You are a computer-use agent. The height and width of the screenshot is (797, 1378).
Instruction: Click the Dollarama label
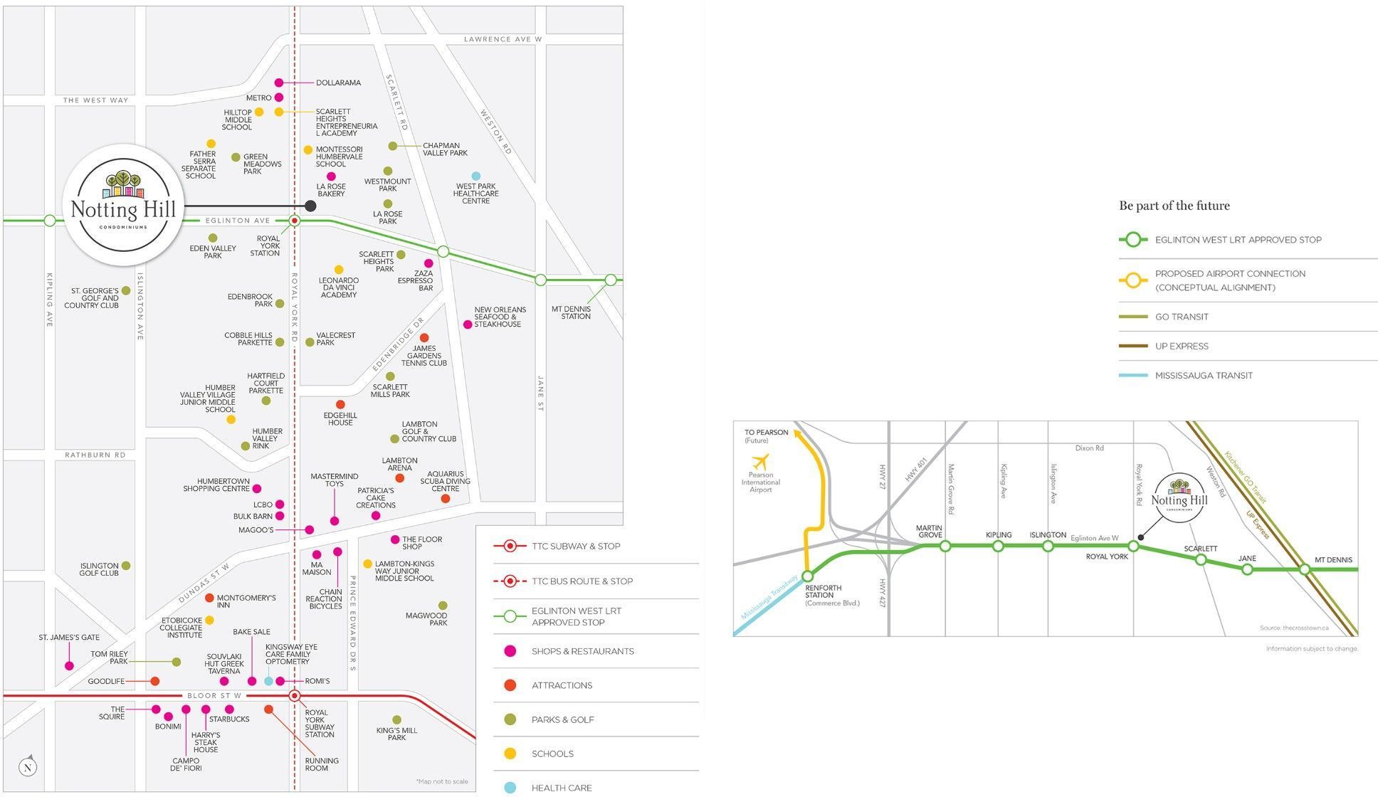coord(338,83)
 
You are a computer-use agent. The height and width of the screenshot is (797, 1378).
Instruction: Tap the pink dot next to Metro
coord(279,97)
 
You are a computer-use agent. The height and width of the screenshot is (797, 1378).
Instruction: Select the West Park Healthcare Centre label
coord(476,194)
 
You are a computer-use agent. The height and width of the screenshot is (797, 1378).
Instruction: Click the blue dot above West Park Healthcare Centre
coord(476,176)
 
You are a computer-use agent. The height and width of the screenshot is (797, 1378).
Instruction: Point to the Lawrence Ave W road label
coord(503,39)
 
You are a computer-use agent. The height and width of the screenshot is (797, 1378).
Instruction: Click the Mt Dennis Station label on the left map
coord(572,312)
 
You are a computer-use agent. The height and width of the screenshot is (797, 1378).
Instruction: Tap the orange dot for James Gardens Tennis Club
coord(424,337)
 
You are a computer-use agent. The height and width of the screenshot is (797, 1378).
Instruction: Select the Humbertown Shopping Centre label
coord(216,485)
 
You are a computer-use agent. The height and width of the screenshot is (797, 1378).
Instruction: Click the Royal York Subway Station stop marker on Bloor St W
coord(295,695)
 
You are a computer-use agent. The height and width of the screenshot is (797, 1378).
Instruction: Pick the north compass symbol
coord(28,766)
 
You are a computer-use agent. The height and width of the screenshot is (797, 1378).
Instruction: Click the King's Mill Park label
coord(396,734)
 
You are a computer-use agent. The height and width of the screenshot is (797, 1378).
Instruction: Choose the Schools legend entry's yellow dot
coord(510,754)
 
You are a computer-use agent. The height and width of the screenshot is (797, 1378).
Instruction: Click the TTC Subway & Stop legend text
coord(576,547)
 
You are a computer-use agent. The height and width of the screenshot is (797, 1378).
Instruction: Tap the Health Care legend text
coord(562,788)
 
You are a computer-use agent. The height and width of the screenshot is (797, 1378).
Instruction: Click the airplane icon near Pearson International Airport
coord(761,460)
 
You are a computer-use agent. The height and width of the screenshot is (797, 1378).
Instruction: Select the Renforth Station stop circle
coord(807,576)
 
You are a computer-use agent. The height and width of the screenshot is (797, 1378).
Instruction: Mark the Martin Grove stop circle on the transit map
coord(945,546)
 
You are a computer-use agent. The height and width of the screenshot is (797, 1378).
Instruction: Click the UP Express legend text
coord(1182,346)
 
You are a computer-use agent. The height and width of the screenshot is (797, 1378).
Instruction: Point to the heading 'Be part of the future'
coord(1174,206)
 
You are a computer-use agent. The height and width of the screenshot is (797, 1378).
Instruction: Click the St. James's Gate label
coord(69,638)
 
